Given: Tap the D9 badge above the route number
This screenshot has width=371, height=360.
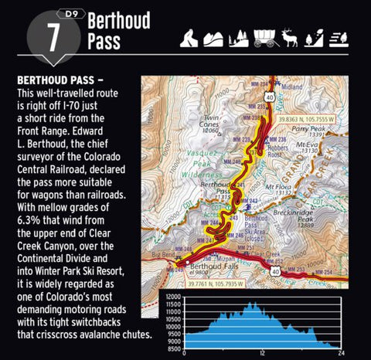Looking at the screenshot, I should point(66,14).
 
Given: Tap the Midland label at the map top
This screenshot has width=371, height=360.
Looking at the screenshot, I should point(289,87).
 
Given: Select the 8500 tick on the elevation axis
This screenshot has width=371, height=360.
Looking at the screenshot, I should point(173,348).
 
